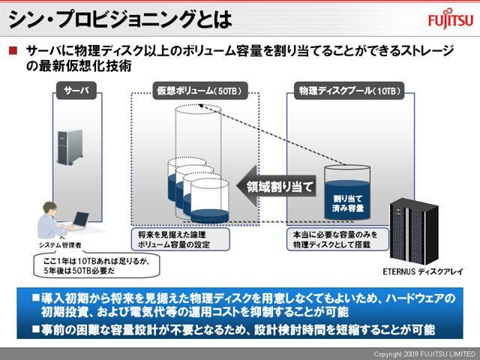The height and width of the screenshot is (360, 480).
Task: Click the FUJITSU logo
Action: click(x=449, y=19)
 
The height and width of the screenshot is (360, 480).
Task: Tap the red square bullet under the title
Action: click(x=12, y=51)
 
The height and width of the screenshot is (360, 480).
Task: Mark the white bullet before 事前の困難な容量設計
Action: click(x=34, y=328)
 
